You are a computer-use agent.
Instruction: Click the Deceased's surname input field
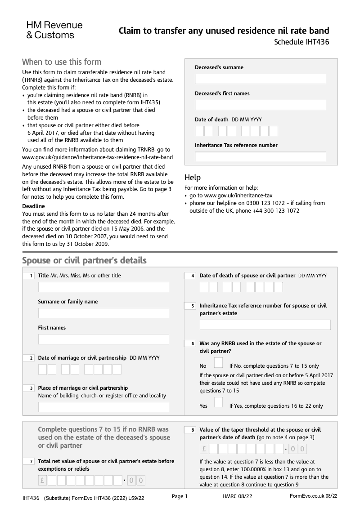coord(260,79)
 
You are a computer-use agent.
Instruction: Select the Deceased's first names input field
coord(260,105)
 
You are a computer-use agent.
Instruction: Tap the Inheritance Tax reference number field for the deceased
coord(260,157)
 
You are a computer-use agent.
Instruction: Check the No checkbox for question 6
coord(218,363)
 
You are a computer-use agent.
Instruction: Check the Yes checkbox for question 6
coord(218,402)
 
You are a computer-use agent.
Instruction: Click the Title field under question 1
coord(103,287)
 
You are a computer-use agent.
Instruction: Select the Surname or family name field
coord(103,313)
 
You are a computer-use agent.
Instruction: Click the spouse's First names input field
coord(103,339)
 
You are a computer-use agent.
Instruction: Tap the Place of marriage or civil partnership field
coord(103,407)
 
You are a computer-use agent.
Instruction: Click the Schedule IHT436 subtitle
coord(301,43)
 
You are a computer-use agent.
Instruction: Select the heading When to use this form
coord(62,62)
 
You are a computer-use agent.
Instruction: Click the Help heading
coord(193,178)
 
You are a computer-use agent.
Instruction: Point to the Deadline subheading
coord(33,206)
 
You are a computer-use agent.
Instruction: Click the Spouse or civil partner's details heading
coord(84,261)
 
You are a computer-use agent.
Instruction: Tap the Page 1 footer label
coord(180,496)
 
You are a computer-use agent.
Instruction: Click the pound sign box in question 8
coord(204,449)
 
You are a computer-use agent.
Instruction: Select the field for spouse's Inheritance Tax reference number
coord(265,325)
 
